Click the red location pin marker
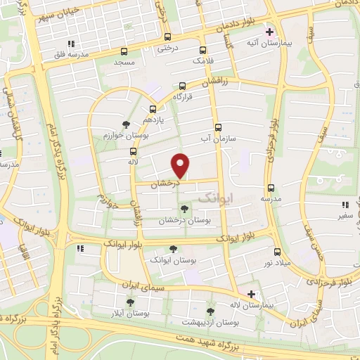[181, 165]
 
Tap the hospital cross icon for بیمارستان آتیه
[269, 32]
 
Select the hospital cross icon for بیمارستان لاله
[252, 294]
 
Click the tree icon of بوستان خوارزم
[125, 124]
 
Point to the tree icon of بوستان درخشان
[184, 209]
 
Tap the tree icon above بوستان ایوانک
[173, 248]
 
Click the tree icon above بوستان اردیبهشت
[210, 311]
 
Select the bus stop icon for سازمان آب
[218, 128]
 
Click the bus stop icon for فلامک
[203, 50]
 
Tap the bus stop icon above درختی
[167, 37]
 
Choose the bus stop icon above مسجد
[124, 51]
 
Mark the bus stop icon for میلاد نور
[277, 251]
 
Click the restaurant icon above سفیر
[345, 205]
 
